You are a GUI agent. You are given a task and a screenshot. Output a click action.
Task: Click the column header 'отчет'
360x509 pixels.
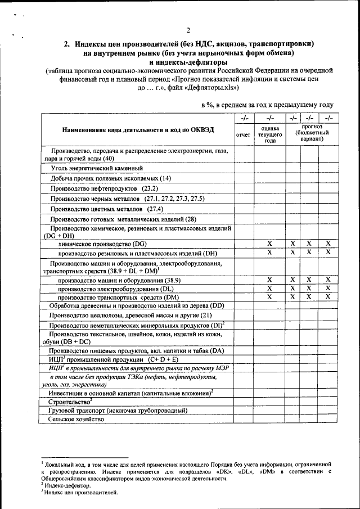(x=244, y=135)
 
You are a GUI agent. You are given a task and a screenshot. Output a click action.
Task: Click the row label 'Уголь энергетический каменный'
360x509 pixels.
(x=96, y=168)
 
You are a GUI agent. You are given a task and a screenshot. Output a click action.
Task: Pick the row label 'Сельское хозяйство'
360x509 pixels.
(x=76, y=420)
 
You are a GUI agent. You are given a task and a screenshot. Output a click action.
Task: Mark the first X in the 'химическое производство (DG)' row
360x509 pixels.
(x=270, y=244)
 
